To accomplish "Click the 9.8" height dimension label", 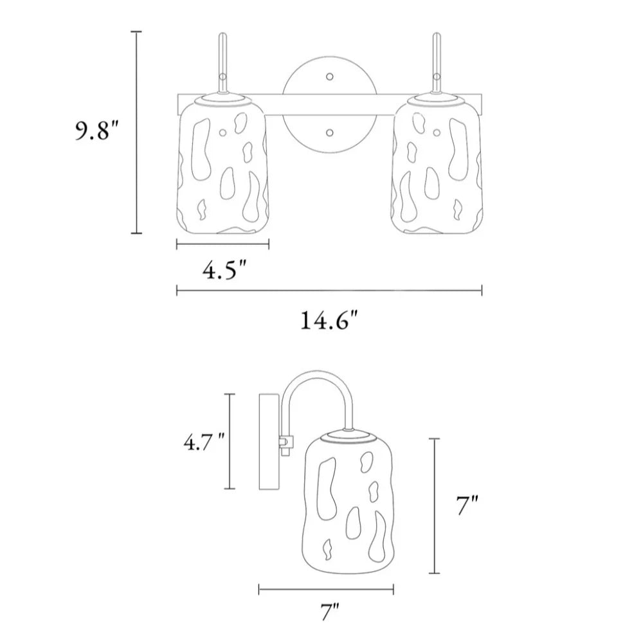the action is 97,131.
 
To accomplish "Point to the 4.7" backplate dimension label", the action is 204,442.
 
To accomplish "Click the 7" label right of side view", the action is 467,505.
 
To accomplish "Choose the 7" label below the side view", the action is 329,612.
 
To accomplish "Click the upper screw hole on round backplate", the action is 329,77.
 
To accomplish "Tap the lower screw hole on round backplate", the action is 329,132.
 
